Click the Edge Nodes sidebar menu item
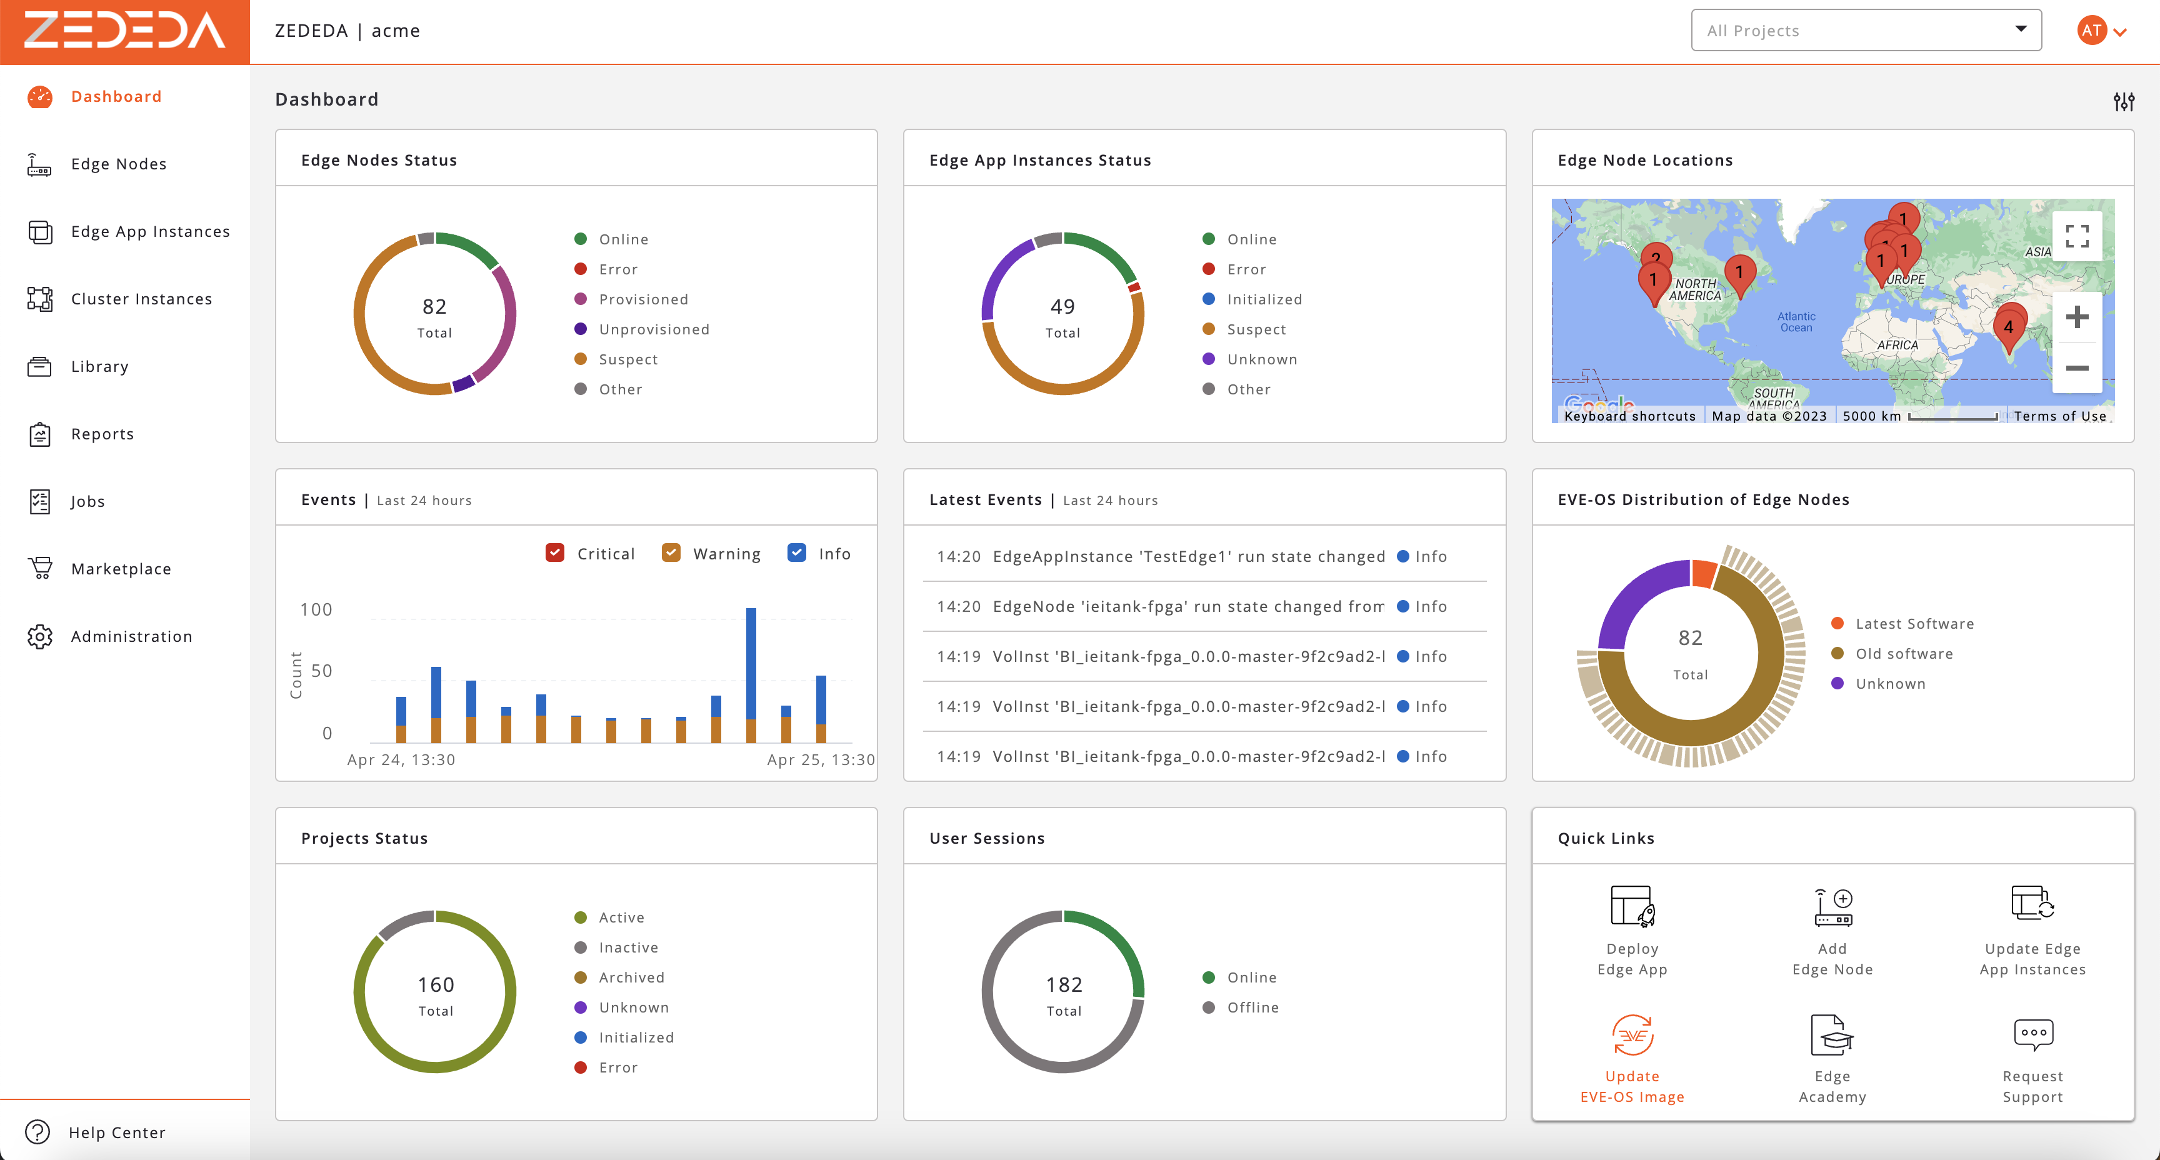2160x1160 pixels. point(118,164)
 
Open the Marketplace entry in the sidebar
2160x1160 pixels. point(121,569)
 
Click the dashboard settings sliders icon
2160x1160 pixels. point(2123,101)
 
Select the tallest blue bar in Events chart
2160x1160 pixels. point(751,662)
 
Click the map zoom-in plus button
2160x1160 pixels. point(2076,317)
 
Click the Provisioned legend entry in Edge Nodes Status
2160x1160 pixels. point(643,299)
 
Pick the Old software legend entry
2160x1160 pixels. point(1903,653)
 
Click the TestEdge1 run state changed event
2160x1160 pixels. point(1188,556)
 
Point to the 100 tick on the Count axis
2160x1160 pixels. point(316,610)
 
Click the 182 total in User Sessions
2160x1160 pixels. point(1063,985)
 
